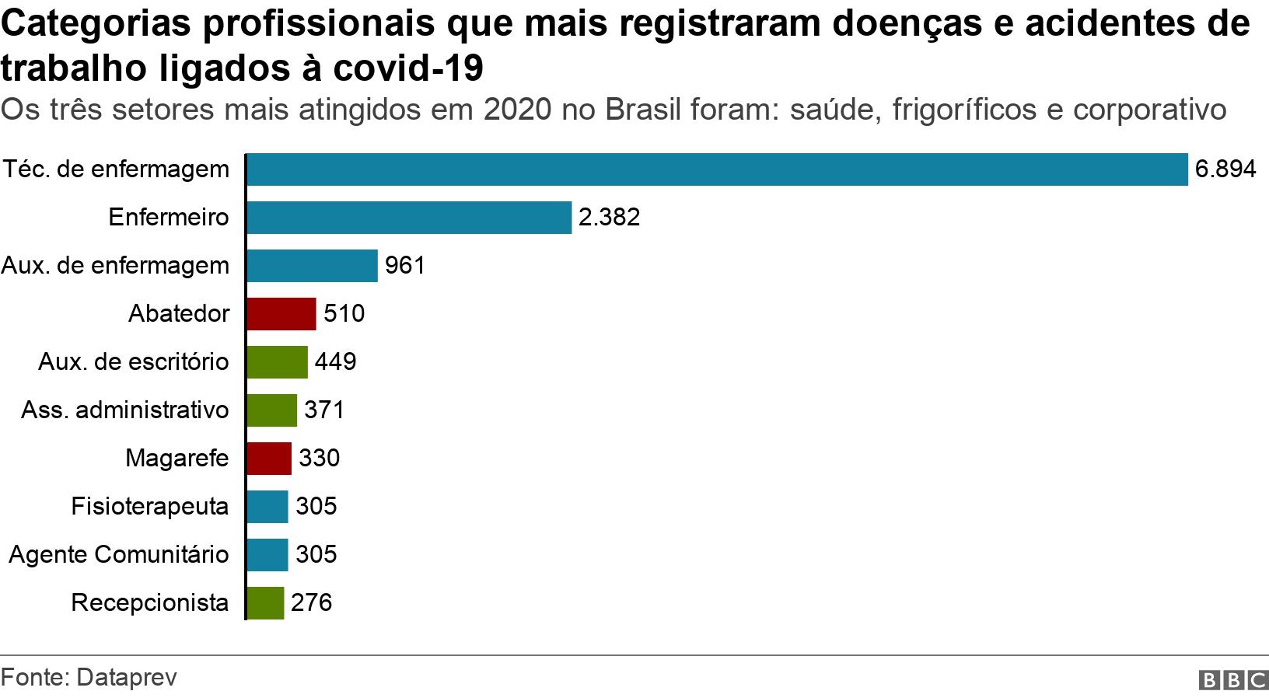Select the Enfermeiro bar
[409, 218]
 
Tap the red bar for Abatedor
[281, 314]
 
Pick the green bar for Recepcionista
[265, 603]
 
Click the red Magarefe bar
[269, 459]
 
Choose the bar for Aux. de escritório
[277, 362]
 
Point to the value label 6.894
[1225, 169]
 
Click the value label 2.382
[609, 218]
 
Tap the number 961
[405, 266]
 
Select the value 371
[323, 410]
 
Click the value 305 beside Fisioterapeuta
[316, 507]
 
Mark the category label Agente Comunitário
[119, 555]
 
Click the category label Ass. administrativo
[125, 410]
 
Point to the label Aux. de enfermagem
[115, 266]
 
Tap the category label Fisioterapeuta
[150, 507]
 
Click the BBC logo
[1233, 680]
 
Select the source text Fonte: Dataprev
[89, 678]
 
